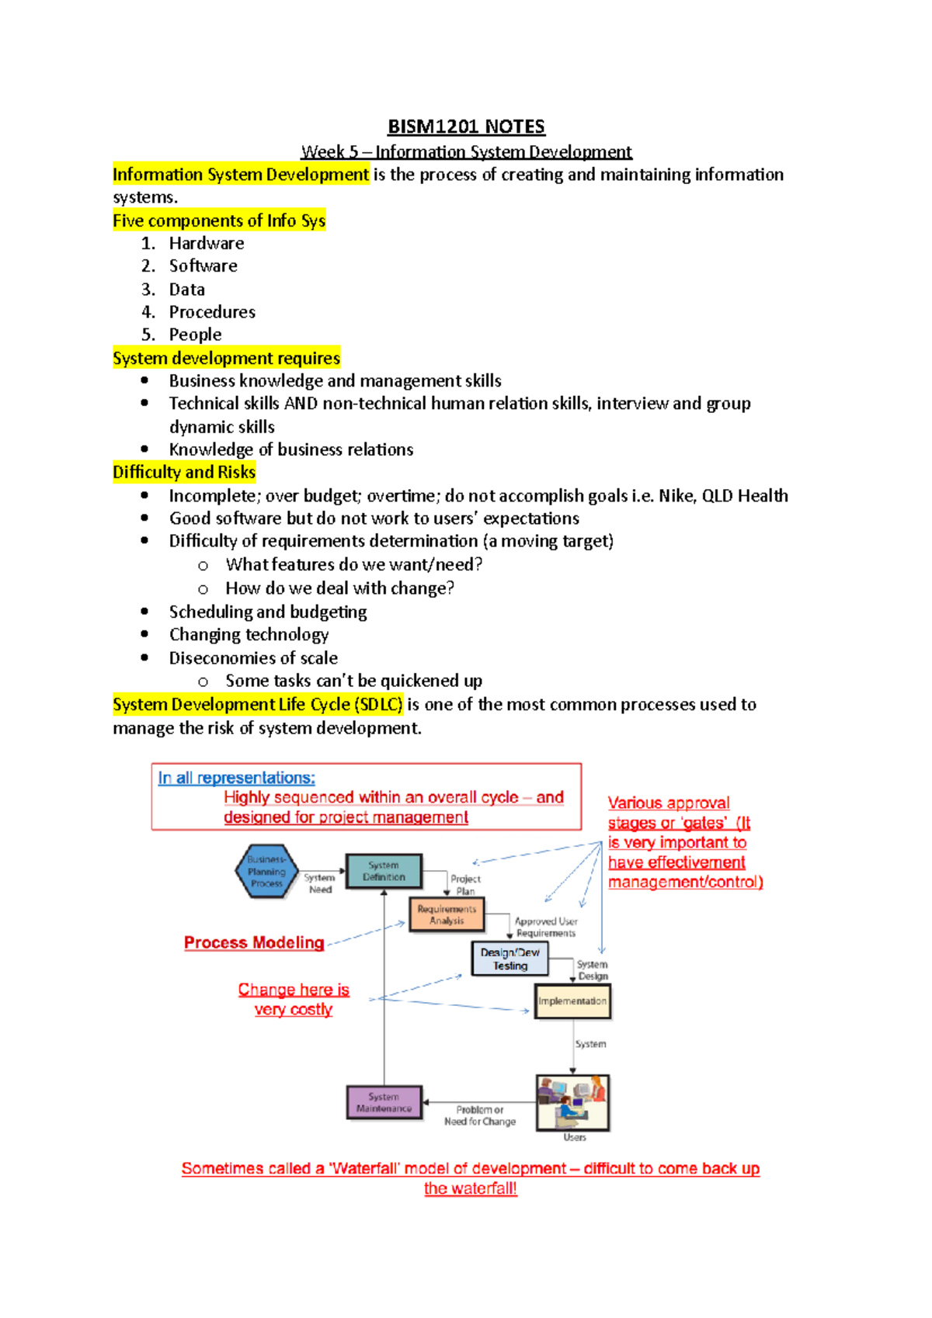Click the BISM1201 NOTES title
point(466,127)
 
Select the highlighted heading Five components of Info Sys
point(219,221)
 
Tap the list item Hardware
point(207,244)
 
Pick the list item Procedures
point(212,312)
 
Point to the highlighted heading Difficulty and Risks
point(184,473)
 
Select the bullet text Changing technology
point(249,635)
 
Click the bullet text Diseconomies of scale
point(253,658)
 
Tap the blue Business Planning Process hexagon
point(266,872)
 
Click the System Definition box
point(384,871)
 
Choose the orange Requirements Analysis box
point(447,914)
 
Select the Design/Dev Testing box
point(509,959)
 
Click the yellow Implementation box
point(572,1001)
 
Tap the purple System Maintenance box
point(384,1102)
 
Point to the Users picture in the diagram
point(572,1102)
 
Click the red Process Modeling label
point(254,943)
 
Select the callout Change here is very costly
point(294,1000)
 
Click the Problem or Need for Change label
point(480,1115)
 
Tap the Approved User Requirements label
point(546,927)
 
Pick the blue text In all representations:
point(237,778)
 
